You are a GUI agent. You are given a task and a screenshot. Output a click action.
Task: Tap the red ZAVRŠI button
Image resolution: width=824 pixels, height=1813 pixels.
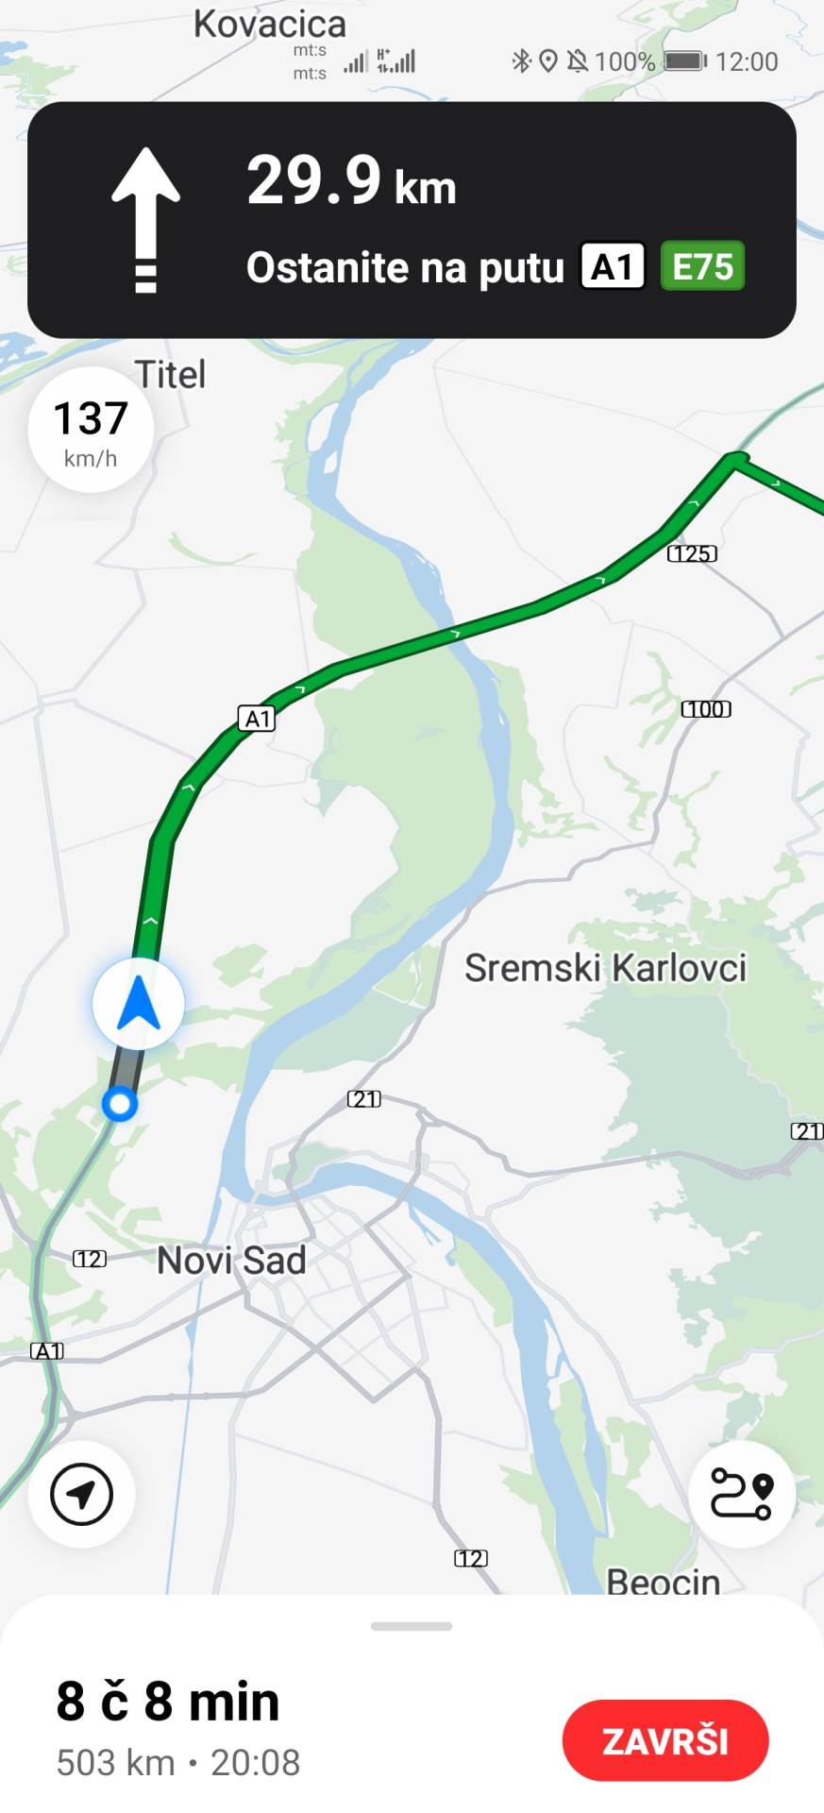[x=665, y=1740]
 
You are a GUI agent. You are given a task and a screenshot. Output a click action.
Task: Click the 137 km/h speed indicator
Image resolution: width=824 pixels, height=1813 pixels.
[x=91, y=430]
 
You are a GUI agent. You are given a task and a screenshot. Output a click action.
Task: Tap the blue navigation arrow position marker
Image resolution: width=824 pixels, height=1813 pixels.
[x=139, y=1004]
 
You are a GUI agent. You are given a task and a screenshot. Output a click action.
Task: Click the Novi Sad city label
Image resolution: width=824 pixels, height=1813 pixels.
[x=231, y=1261]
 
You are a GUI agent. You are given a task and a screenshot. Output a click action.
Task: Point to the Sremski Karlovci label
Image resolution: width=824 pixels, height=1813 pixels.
[x=605, y=968]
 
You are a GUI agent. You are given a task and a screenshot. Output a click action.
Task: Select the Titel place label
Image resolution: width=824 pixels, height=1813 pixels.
[x=170, y=375]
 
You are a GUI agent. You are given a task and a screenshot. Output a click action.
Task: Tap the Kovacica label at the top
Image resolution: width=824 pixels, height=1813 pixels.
[x=270, y=24]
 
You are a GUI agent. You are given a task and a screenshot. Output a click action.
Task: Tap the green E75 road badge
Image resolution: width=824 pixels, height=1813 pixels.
[x=702, y=267]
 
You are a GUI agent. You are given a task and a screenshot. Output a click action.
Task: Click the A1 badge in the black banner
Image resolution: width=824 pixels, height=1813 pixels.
[x=613, y=267]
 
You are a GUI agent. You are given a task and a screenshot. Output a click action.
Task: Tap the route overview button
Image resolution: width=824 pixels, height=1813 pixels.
[x=741, y=1495]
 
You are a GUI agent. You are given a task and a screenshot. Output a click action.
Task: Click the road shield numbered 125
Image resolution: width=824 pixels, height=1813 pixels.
[x=692, y=553]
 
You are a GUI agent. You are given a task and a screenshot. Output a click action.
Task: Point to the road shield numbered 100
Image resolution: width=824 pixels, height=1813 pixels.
[x=706, y=709]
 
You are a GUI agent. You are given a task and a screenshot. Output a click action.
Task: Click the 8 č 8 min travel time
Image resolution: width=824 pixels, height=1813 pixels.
[x=168, y=1702]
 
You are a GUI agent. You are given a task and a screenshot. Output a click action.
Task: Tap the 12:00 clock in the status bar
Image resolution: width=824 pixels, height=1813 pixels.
[x=747, y=62]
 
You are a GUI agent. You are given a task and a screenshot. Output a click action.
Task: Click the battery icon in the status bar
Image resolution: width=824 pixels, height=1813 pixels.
[x=684, y=61]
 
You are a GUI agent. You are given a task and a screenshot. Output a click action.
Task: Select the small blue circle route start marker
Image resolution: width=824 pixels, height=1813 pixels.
[x=120, y=1103]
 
